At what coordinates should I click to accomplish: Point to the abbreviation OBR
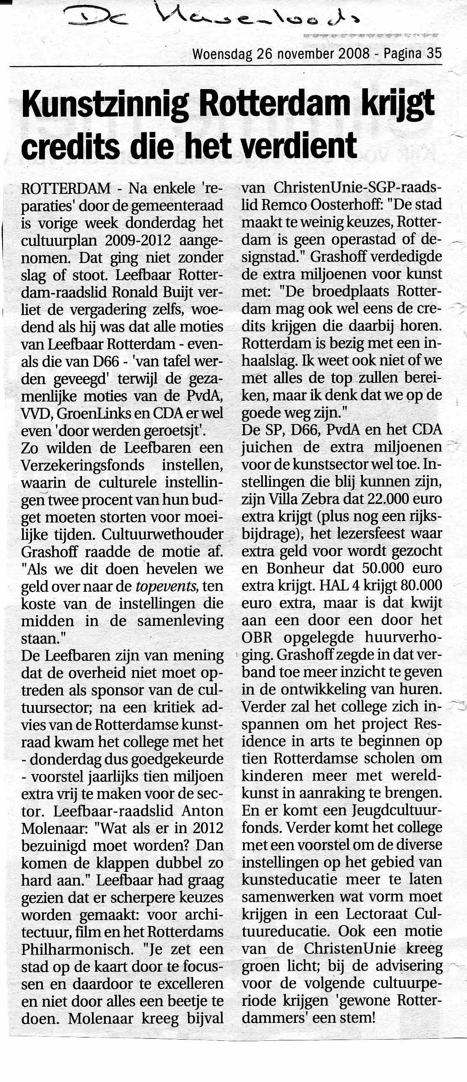[257, 638]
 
